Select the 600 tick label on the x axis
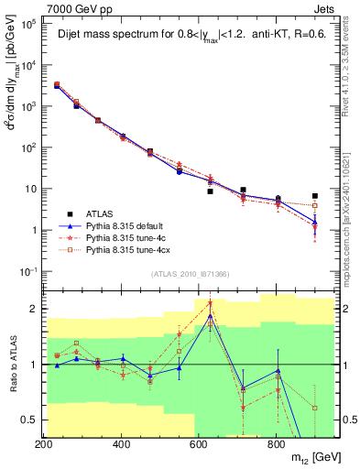coord(199,444)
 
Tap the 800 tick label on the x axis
coord(276,444)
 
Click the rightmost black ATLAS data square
coord(314,196)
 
